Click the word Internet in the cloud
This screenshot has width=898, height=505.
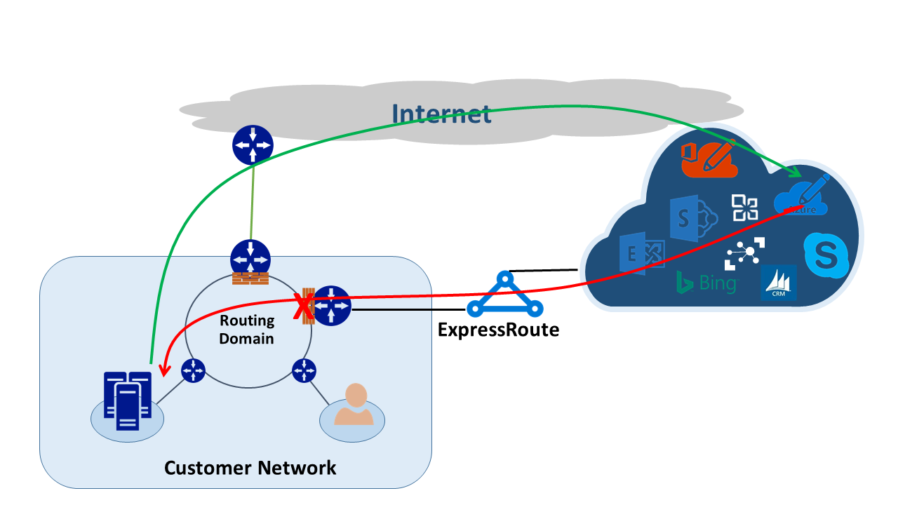(x=441, y=114)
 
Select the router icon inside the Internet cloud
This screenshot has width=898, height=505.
(x=252, y=145)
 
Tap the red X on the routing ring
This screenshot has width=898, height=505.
(x=302, y=306)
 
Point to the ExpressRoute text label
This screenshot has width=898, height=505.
(x=498, y=329)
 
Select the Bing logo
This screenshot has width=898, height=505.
(x=706, y=283)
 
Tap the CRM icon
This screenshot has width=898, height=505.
(x=778, y=283)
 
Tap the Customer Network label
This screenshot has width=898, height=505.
(x=250, y=467)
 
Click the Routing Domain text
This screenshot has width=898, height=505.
(x=246, y=330)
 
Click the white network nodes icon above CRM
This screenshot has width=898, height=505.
(x=744, y=253)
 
